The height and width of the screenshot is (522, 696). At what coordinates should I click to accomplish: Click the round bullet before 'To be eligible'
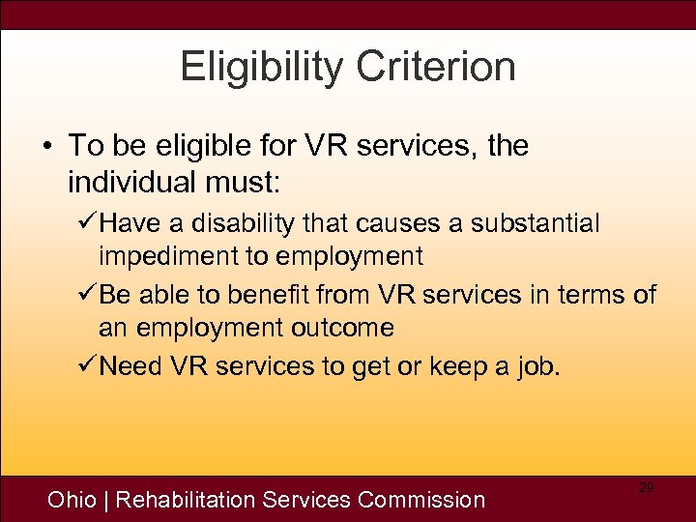(x=47, y=147)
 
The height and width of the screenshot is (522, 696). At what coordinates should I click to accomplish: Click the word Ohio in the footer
(x=72, y=500)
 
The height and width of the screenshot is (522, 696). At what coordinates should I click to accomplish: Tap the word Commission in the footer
(x=421, y=500)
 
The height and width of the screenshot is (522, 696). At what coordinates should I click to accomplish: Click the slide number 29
(x=646, y=488)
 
